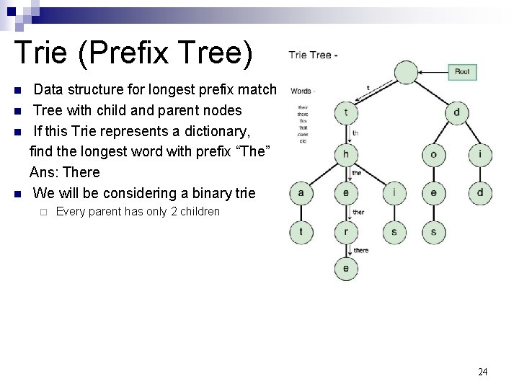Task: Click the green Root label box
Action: (462, 72)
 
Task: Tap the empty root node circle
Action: (406, 72)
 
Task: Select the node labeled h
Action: (346, 154)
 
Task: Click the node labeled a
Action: (301, 192)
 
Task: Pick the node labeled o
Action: (433, 154)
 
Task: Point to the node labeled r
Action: (346, 232)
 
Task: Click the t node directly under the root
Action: (346, 112)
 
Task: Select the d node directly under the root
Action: (456, 112)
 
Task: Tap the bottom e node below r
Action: (346, 269)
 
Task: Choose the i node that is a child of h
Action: (394, 192)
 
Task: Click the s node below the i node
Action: (394, 232)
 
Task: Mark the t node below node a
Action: (301, 232)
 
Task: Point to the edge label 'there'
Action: (360, 250)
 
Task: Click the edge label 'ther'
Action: (358, 213)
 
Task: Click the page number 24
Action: (483, 372)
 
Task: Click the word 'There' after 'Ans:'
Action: (81, 173)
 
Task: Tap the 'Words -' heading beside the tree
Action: (301, 91)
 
